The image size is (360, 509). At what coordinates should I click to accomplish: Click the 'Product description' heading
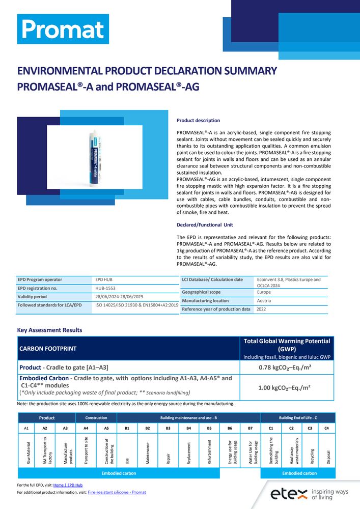[198, 121]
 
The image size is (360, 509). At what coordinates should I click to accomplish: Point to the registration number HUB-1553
[105, 288]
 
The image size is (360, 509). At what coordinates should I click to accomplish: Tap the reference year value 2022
[261, 309]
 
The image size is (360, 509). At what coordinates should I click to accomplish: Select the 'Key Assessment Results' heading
[49, 330]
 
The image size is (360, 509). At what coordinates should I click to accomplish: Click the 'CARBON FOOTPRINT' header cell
[49, 350]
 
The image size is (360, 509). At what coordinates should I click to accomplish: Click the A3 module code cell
[65, 429]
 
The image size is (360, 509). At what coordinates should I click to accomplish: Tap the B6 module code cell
[230, 429]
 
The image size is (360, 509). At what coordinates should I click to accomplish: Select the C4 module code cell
[326, 429]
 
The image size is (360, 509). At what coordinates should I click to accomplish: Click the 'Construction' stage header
[96, 418]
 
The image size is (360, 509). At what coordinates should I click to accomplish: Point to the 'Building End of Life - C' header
[298, 418]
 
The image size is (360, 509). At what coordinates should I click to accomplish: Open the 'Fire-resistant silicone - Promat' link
[117, 493]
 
